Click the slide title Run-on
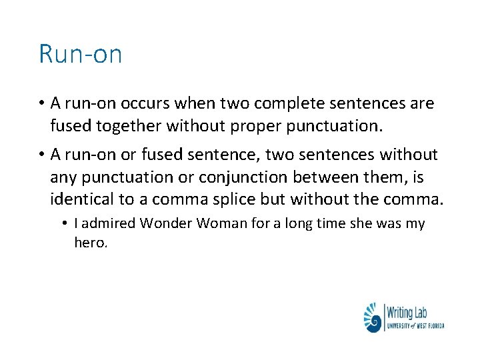pos(80,54)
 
